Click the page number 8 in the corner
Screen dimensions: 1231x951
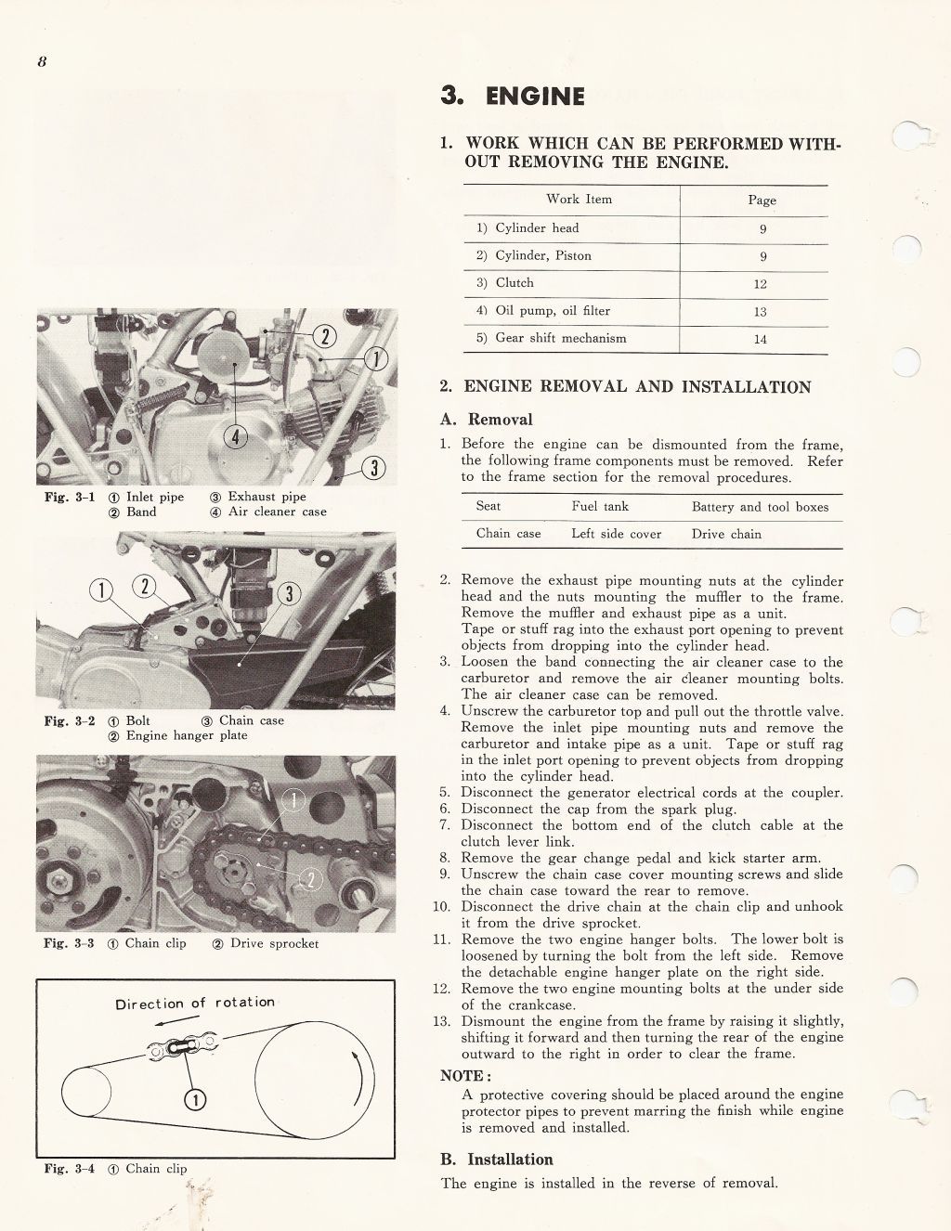[42, 62]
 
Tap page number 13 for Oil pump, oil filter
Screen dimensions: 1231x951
[761, 312]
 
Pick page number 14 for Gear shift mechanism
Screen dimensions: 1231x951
[761, 340]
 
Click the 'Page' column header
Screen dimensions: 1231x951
[762, 200]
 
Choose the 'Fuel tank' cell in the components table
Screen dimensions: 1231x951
[600, 506]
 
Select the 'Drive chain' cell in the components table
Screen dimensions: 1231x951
[726, 534]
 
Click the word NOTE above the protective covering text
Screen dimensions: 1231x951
[462, 1076]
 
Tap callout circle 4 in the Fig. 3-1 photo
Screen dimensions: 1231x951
[237, 437]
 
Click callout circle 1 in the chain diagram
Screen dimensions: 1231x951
[195, 1099]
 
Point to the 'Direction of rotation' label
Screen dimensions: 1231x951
[195, 1004]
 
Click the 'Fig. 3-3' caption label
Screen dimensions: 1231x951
[69, 943]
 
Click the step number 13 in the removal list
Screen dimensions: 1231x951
[442, 1021]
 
